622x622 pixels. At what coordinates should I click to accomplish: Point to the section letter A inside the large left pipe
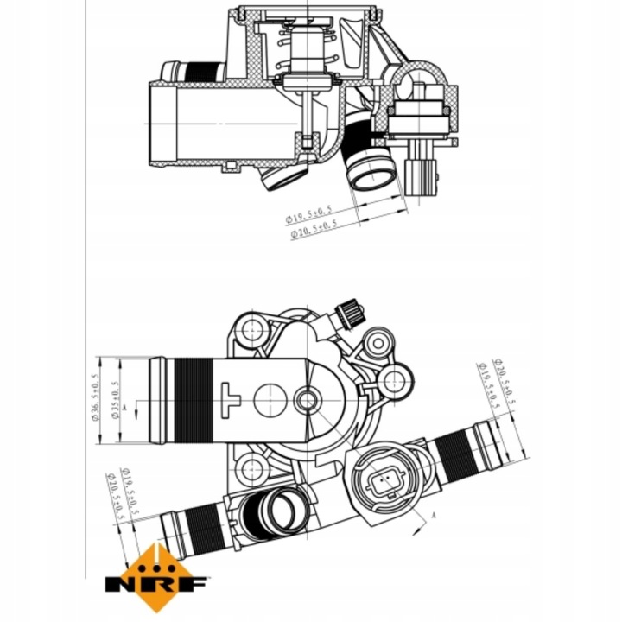pos(126,404)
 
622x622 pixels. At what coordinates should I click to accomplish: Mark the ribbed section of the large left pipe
pos(191,399)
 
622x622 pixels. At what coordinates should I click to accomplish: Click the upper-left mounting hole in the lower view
pos(252,327)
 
